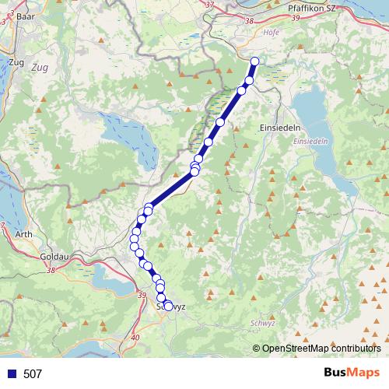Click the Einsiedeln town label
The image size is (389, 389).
coord(276,126)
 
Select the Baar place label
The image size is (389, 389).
coord(26,14)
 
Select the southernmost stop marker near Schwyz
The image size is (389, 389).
coord(168,306)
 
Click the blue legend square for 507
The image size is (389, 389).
coord(9,374)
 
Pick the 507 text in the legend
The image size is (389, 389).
coord(33,374)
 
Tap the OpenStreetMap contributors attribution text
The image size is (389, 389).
coord(321,349)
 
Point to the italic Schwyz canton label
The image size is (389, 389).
coord(265,322)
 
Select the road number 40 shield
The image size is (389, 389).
coord(136,337)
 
